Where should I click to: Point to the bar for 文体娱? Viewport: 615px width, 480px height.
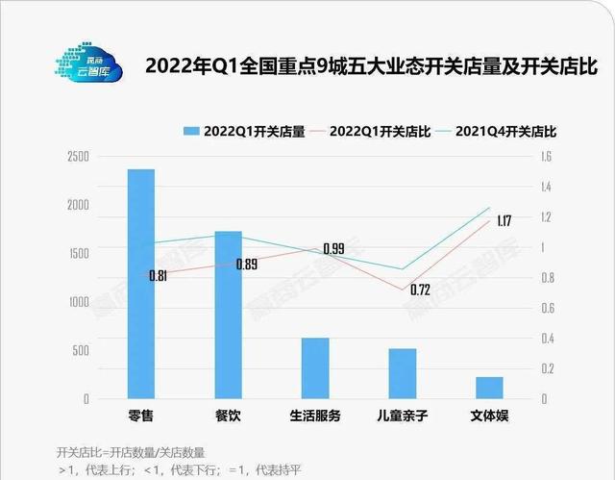489,387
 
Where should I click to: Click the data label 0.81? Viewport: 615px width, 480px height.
159,276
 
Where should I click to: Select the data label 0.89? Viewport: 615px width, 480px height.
247,265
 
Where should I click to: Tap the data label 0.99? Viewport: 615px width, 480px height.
333,248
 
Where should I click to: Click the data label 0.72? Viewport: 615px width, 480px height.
419,290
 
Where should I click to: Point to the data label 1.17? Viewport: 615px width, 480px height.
504,221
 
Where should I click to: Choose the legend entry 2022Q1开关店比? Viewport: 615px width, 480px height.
376,132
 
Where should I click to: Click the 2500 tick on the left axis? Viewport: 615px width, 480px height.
78,156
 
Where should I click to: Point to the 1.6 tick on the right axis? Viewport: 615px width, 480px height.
546,156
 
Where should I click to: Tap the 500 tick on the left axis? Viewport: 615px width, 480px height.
82,350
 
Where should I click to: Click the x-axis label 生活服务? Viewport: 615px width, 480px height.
315,417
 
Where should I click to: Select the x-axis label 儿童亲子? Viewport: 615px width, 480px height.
403,417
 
